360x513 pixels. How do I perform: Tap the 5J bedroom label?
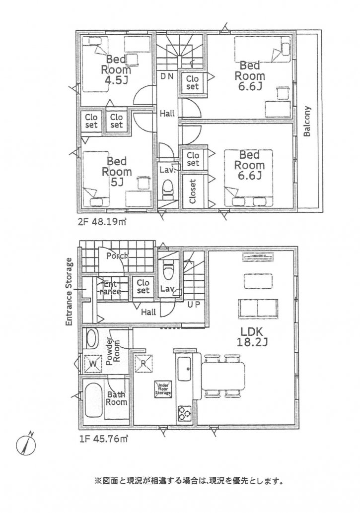click(117, 172)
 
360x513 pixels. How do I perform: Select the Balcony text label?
click(307, 122)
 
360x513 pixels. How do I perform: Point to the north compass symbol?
click(27, 443)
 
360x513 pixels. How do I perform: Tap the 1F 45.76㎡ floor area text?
click(102, 439)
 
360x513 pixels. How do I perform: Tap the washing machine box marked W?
click(92, 364)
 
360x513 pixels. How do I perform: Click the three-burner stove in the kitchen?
click(184, 412)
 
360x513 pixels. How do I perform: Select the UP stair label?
click(193, 305)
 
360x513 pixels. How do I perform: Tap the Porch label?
click(116, 256)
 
